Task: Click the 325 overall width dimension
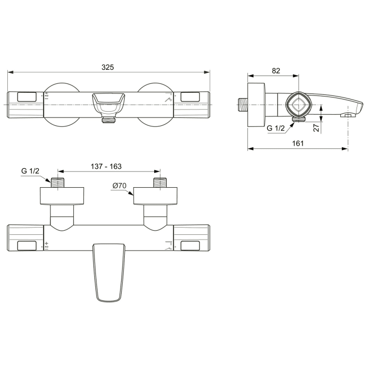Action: pyautogui.click(x=108, y=67)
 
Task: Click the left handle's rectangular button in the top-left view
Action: pyautogui.click(x=27, y=97)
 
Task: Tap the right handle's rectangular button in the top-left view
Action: pyautogui.click(x=189, y=97)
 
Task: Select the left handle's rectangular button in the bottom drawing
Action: pyautogui.click(x=27, y=245)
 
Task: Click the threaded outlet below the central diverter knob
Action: pyautogui.click(x=109, y=120)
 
